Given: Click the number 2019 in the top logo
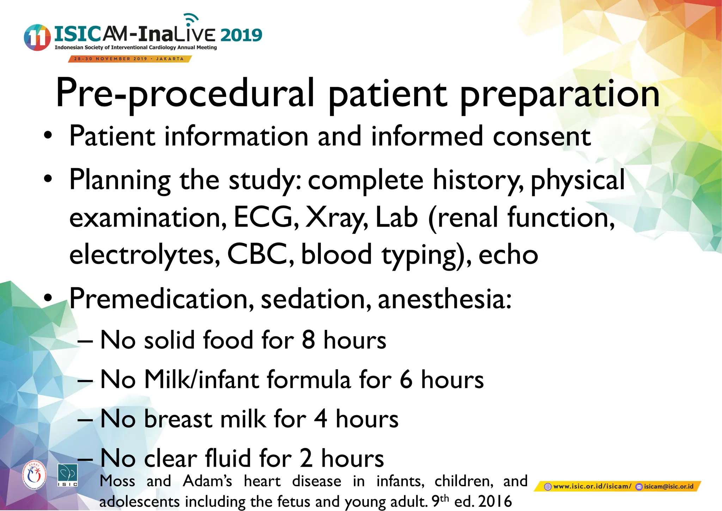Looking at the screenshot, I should (241, 35).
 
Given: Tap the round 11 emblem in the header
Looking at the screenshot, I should (37, 38).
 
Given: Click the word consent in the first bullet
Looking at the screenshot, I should (541, 137).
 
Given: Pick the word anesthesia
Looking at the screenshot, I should (444, 299).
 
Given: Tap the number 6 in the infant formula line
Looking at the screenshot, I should (406, 380).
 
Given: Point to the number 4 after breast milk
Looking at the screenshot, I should (320, 419).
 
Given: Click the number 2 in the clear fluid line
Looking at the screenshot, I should (306, 458).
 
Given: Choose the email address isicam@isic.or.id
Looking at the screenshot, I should (668, 487).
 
